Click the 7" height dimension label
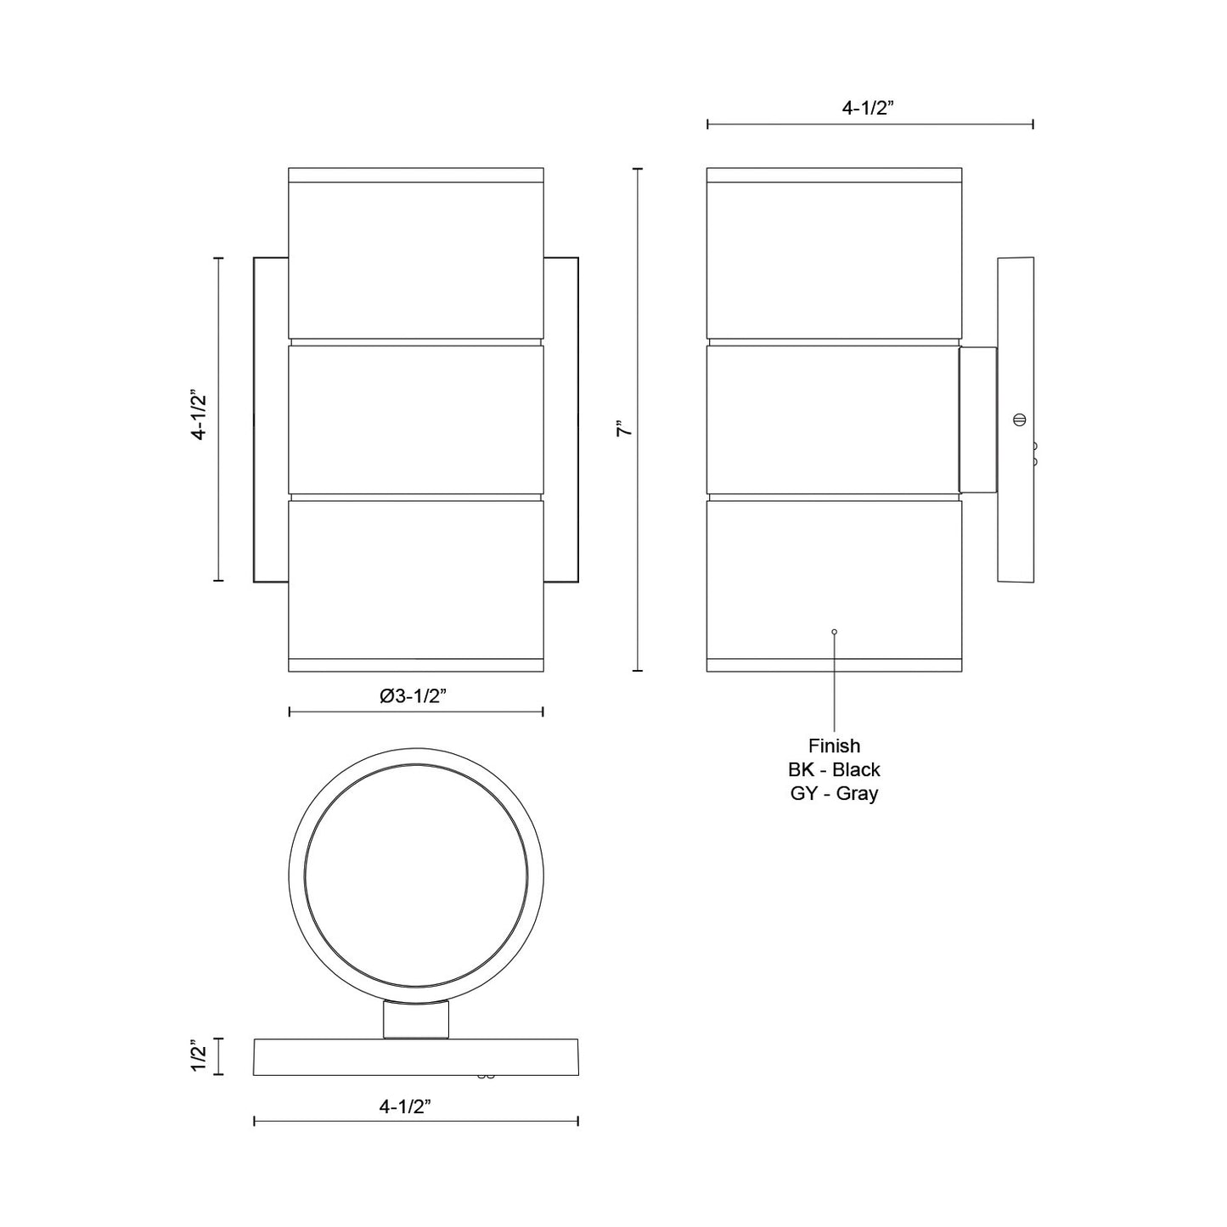[625, 429]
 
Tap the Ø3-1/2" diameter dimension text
[414, 695]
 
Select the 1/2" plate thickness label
[199, 1056]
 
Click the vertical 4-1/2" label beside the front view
[199, 414]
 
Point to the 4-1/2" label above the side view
[869, 108]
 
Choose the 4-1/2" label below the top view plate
[406, 1106]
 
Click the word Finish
[834, 746]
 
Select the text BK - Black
[834, 769]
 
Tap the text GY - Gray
[834, 794]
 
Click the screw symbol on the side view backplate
[1019, 419]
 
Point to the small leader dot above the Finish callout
[834, 632]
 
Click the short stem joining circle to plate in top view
[415, 1019]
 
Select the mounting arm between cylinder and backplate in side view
[977, 419]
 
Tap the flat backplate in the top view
[415, 1056]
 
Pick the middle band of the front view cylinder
[415, 419]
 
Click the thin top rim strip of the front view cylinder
[415, 175]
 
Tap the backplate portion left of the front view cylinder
[271, 419]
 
